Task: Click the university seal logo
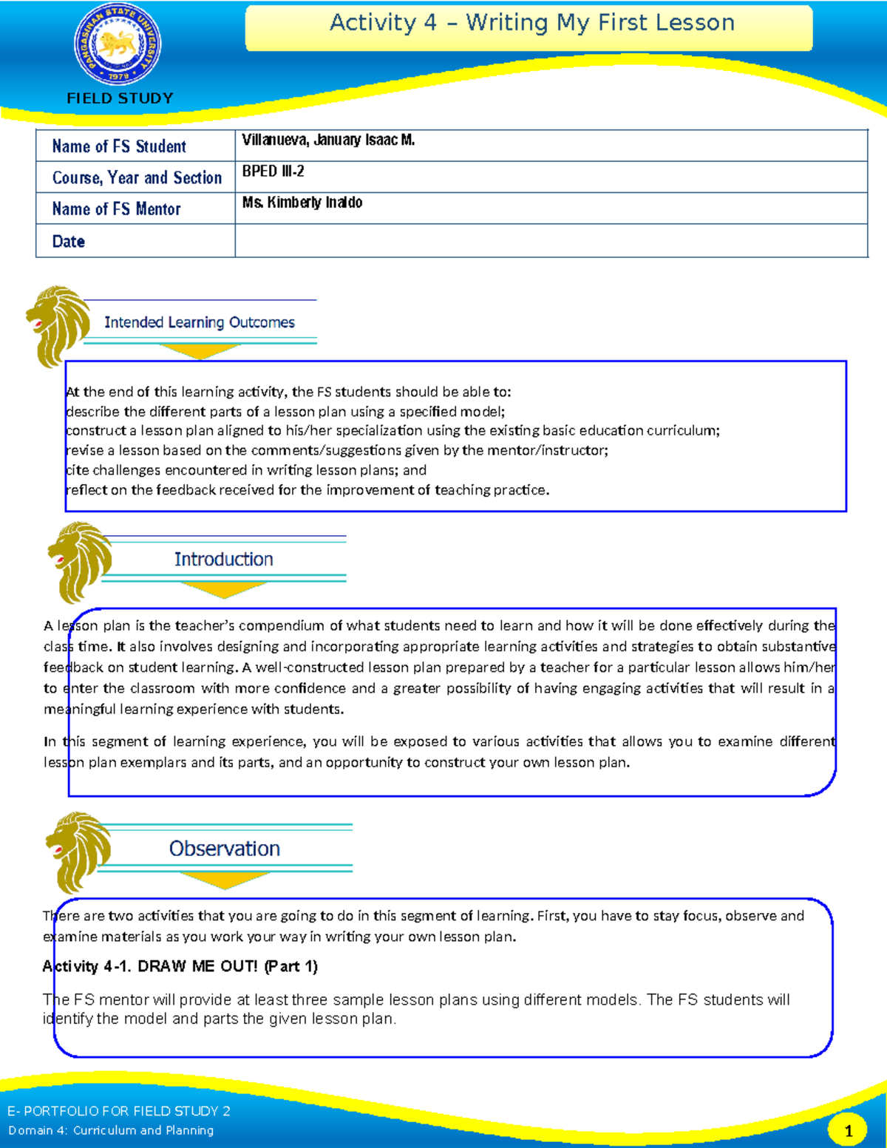pyautogui.click(x=118, y=45)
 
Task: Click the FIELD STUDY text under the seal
pyautogui.click(x=120, y=98)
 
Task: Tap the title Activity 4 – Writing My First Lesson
pyautogui.click(x=531, y=23)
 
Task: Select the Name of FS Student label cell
pyautogui.click(x=119, y=146)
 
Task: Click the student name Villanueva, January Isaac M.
pyautogui.click(x=328, y=140)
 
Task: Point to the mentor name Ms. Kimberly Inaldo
pyautogui.click(x=302, y=203)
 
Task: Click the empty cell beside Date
pyautogui.click(x=551, y=241)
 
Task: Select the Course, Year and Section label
pyautogui.click(x=137, y=178)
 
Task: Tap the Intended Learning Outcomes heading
pyautogui.click(x=200, y=322)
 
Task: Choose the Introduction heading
pyautogui.click(x=223, y=560)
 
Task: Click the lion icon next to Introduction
pyautogui.click(x=78, y=561)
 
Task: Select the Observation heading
pyautogui.click(x=225, y=849)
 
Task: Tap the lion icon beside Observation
pyautogui.click(x=77, y=851)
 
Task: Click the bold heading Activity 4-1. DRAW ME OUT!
pyautogui.click(x=180, y=966)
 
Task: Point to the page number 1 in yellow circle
pyautogui.click(x=849, y=1130)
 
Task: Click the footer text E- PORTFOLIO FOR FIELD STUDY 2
pyautogui.click(x=119, y=1111)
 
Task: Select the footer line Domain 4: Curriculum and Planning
pyautogui.click(x=111, y=1130)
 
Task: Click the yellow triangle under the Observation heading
pyautogui.click(x=225, y=880)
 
